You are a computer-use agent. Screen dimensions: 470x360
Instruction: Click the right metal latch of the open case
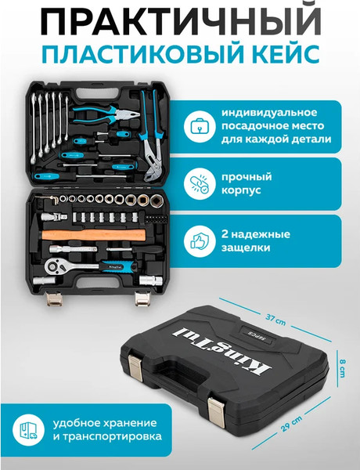tap(143, 298)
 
